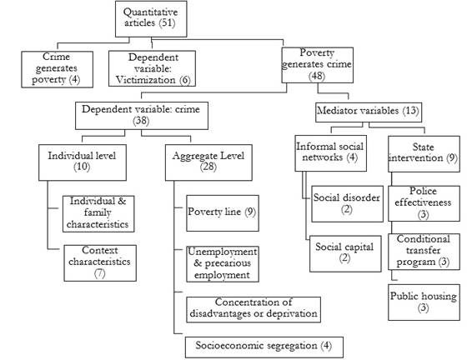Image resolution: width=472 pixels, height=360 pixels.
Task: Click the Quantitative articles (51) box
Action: pyautogui.click(x=151, y=19)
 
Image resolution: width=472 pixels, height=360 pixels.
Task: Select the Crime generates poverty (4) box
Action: pyautogui.click(x=58, y=69)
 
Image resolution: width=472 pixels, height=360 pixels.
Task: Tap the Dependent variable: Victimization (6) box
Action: pyautogui.click(x=152, y=68)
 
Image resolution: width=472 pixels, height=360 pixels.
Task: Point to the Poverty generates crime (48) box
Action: pyautogui.click(x=317, y=65)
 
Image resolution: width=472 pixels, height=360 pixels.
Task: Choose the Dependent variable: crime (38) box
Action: pyautogui.click(x=142, y=116)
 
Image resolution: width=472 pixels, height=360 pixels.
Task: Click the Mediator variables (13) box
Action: pyautogui.click(x=369, y=112)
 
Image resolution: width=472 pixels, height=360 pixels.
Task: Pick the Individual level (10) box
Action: pyautogui.click(x=83, y=162)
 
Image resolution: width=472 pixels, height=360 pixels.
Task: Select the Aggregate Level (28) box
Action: pyautogui.click(x=208, y=162)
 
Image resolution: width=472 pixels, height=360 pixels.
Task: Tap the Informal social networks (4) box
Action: pyautogui.click(x=330, y=153)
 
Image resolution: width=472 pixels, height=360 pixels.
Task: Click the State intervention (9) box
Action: pyautogui.click(x=424, y=154)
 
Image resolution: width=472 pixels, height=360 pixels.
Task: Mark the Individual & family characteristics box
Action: pyautogui.click(x=98, y=214)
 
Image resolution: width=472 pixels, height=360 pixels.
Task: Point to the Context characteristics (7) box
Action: pyautogui.click(x=100, y=263)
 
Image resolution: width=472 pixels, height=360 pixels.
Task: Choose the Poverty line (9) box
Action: pyautogui.click(x=223, y=213)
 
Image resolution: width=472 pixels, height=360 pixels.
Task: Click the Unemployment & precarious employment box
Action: pyautogui.click(x=223, y=264)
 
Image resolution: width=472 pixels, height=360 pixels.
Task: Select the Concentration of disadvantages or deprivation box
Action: pyautogui.click(x=254, y=310)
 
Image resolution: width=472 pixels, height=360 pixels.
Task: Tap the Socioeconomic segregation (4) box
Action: pyautogui.click(x=264, y=347)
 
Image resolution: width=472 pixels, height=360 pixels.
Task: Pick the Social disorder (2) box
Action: pyautogui.click(x=347, y=204)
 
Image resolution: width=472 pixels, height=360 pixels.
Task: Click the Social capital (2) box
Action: pyautogui.click(x=345, y=254)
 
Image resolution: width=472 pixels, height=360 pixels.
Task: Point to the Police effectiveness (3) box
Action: pyautogui.click(x=424, y=203)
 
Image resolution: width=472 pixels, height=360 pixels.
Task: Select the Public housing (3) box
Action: pyautogui.click(x=424, y=302)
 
